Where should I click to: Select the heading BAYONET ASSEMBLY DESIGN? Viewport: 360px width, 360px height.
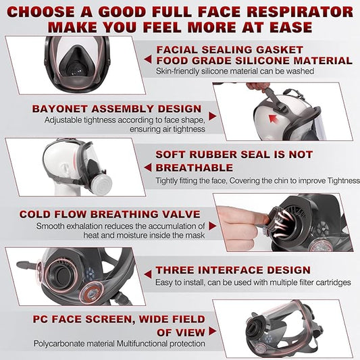coord(116,108)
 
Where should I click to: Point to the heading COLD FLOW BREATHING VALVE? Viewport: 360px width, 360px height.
coord(109,214)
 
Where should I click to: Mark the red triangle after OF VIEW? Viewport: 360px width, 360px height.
coord(213,332)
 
